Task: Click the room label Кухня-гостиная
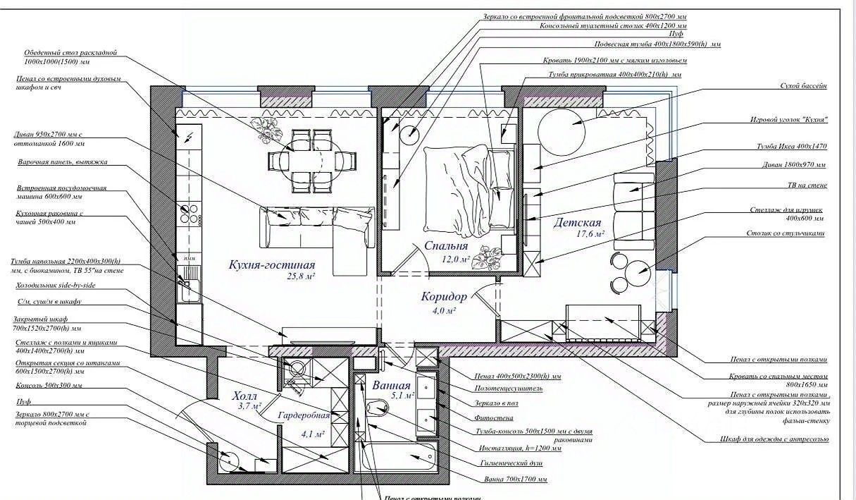tap(271, 264)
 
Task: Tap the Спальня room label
tap(446, 246)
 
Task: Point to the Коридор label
tap(444, 297)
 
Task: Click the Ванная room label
tap(392, 386)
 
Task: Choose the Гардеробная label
tap(304, 415)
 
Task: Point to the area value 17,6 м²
tap(589, 233)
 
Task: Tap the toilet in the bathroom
tap(379, 408)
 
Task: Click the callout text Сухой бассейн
tap(803, 85)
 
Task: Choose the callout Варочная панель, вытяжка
tap(63, 161)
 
